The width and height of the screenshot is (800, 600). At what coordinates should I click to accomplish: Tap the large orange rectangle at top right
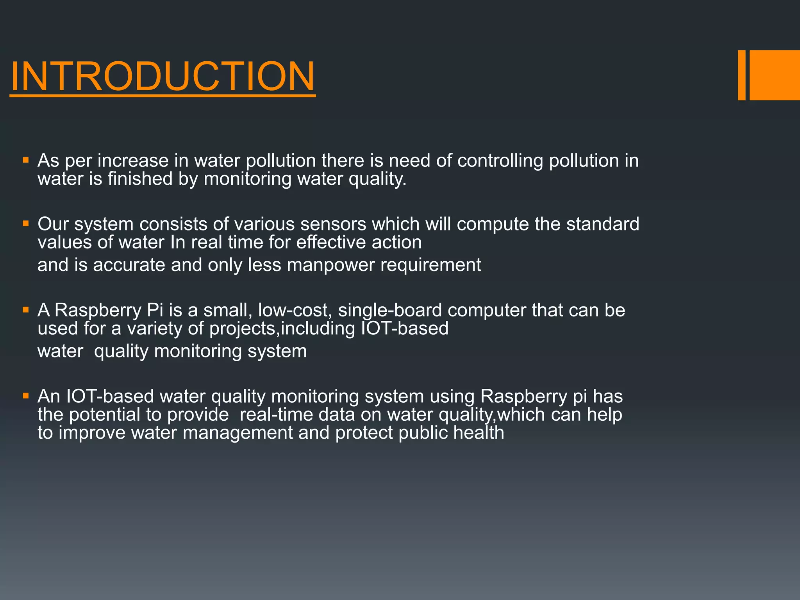[775, 75]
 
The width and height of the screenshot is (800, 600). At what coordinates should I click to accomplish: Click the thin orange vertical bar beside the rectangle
[741, 75]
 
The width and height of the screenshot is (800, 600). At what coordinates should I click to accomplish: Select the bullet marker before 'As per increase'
[26, 160]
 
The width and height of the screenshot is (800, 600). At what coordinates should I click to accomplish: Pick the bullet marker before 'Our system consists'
[26, 224]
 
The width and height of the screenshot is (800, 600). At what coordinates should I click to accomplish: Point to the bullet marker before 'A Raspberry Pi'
[26, 310]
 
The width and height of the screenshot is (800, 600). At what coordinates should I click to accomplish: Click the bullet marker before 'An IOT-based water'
[26, 396]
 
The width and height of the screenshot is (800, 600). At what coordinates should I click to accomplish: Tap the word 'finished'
[140, 179]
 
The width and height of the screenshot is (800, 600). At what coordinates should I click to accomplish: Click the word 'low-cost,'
[295, 311]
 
